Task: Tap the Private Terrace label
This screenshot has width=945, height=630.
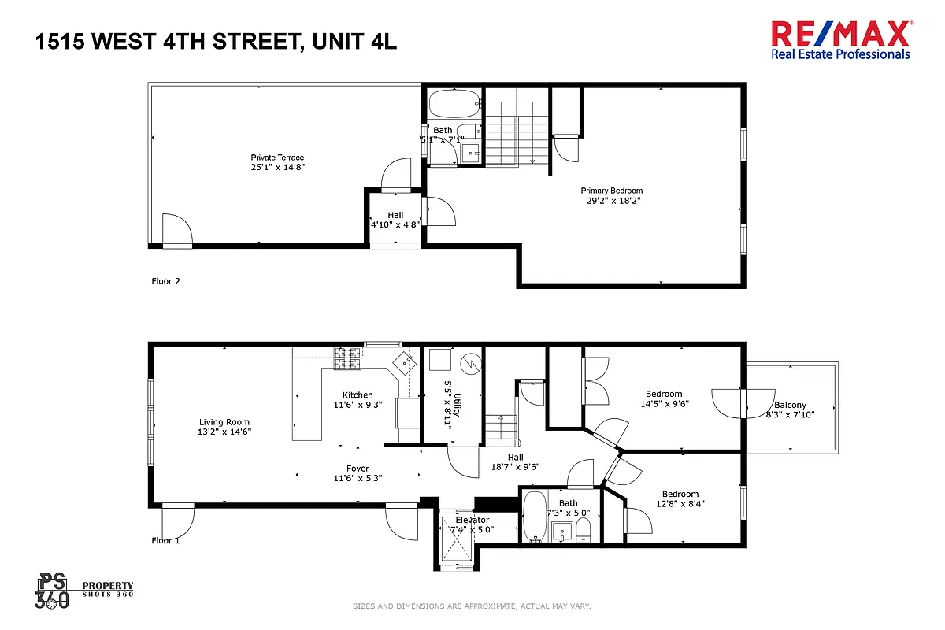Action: (277, 157)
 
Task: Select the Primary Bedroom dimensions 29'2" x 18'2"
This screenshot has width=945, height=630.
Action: (611, 200)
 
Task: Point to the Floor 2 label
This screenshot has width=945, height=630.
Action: (165, 281)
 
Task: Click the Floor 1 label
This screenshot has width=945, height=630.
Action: (165, 541)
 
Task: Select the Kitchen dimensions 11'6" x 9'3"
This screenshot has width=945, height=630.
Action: (358, 405)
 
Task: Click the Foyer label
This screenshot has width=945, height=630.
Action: (358, 469)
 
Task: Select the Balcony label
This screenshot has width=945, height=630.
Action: (790, 406)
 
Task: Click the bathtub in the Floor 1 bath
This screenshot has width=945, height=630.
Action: (534, 517)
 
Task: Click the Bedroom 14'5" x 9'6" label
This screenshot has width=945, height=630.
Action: (664, 394)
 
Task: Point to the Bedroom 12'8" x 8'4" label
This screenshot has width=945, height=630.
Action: (680, 495)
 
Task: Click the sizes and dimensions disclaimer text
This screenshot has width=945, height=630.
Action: (472, 606)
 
